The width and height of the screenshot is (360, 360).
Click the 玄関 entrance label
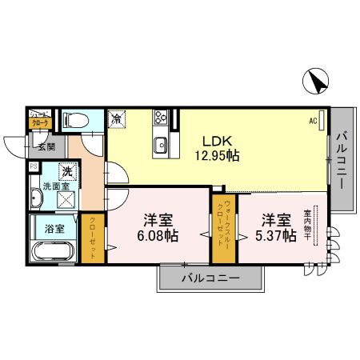click(44, 146)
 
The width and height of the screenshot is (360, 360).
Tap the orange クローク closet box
click(39, 123)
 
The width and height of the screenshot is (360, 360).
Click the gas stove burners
click(159, 118)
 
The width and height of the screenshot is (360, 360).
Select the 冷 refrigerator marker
click(117, 119)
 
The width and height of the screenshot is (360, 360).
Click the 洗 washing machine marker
click(69, 170)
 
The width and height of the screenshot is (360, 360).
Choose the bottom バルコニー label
click(210, 279)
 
